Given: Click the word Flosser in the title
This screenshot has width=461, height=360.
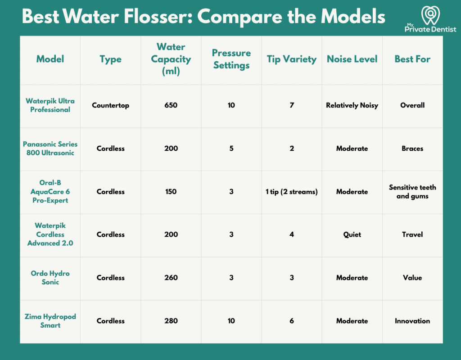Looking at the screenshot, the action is (x=157, y=16).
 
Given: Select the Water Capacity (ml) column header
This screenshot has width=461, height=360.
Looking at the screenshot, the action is (x=171, y=59).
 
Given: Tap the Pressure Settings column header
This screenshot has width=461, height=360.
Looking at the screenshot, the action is (x=231, y=59).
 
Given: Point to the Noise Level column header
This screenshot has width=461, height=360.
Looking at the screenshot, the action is (x=352, y=59).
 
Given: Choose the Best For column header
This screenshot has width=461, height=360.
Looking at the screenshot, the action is (x=412, y=59).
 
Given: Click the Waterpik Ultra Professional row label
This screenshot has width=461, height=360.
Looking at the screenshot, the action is (x=50, y=105).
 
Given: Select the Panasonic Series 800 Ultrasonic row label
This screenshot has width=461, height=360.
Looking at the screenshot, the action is (x=50, y=148).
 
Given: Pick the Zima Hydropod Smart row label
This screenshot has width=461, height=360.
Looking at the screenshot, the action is (x=50, y=320).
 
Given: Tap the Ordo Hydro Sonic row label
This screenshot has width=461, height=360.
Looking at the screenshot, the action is (x=50, y=277).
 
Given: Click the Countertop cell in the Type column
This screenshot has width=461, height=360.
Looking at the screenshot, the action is (x=111, y=105).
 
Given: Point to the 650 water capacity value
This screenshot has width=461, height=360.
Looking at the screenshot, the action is (x=171, y=105).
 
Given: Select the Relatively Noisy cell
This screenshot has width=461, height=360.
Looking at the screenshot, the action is (x=352, y=105).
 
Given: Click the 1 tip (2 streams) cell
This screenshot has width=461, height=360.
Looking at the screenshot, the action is (x=292, y=192).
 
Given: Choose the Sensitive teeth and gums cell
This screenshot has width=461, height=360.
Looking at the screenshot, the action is (x=412, y=192).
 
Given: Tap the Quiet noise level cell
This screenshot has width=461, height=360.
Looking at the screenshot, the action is (x=352, y=234).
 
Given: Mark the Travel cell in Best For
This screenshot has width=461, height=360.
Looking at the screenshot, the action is (x=412, y=234).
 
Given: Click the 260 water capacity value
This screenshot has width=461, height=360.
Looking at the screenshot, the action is (x=171, y=277).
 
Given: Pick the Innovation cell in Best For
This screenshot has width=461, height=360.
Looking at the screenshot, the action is (x=412, y=321).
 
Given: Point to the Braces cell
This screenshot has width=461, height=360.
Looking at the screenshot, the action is (x=412, y=148).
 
